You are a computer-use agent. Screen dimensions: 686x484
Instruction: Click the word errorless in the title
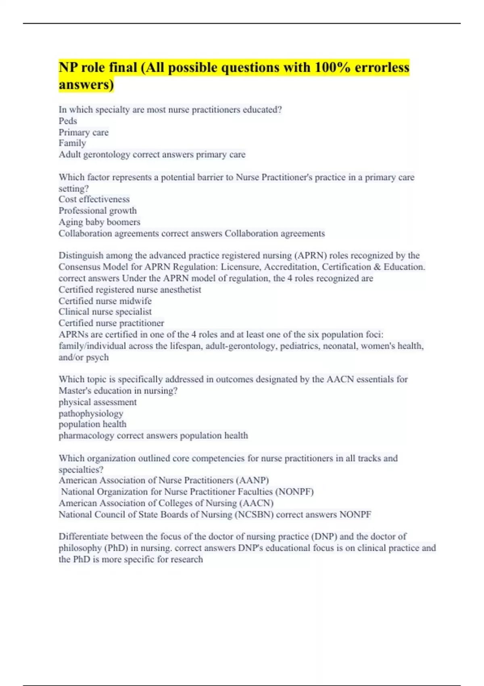tap(382, 67)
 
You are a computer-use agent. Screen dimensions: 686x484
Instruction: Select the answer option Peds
tap(68, 121)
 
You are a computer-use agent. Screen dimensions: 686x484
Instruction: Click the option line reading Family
tap(72, 143)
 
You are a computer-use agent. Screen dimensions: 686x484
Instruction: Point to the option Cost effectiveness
tap(94, 199)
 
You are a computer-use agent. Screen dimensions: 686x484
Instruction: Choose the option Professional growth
tap(98, 211)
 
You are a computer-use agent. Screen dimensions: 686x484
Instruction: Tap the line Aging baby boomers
tap(99, 222)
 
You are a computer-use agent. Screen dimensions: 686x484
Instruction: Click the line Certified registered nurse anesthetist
tap(129, 290)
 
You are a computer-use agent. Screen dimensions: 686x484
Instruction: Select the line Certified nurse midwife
tap(105, 301)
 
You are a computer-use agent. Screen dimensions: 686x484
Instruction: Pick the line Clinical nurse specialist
tap(105, 312)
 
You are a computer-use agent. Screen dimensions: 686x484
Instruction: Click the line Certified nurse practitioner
tap(111, 323)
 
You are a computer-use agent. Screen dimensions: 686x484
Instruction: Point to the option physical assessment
tap(98, 402)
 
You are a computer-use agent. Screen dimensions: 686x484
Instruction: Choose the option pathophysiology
tap(91, 414)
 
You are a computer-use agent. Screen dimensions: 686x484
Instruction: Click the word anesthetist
tap(181, 290)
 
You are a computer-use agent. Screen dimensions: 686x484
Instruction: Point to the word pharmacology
tap(86, 436)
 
